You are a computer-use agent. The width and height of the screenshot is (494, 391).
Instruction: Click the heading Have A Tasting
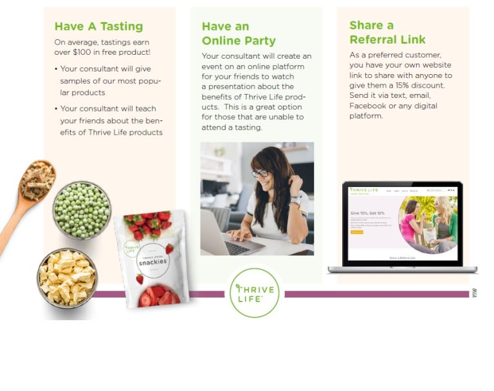tap(98, 26)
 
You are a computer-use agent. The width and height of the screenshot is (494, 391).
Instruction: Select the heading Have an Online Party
tap(239, 33)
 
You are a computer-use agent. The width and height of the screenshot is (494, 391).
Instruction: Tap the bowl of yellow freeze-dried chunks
tap(67, 277)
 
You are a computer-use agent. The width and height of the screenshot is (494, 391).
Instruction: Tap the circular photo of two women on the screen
tap(428, 222)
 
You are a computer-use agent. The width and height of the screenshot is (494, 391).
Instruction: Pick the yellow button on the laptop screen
tap(357, 232)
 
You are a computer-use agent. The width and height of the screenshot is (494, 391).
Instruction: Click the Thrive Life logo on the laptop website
tap(361, 190)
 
